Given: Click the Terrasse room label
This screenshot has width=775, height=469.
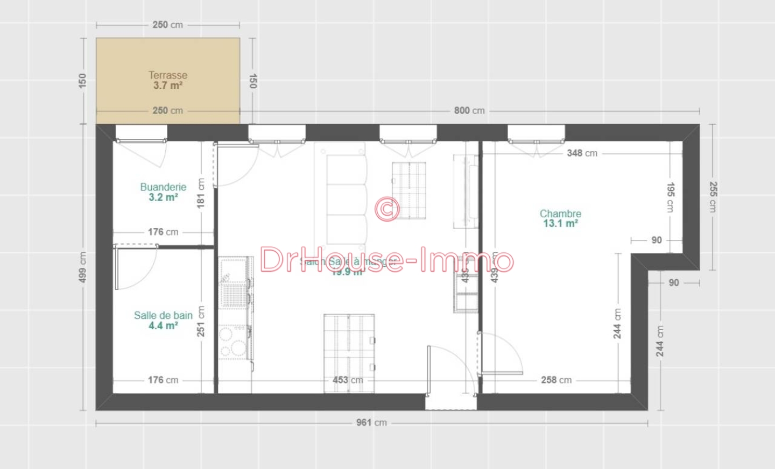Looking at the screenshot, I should [x=168, y=75].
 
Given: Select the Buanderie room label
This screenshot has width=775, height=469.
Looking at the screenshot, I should [x=163, y=187].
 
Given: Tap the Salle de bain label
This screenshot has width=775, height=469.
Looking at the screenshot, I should [x=163, y=316].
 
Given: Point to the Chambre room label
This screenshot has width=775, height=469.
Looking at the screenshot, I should [x=560, y=214].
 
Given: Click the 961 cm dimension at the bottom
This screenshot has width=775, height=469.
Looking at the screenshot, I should [x=371, y=423].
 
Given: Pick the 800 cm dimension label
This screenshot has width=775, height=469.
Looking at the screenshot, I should [x=469, y=111].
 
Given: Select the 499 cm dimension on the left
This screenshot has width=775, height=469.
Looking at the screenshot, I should [x=82, y=267].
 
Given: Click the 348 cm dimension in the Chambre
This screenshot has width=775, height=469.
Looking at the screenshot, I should [x=582, y=153].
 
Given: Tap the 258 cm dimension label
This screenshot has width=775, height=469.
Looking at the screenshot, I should [x=556, y=380].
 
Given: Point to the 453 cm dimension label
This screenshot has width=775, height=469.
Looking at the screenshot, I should [x=348, y=380].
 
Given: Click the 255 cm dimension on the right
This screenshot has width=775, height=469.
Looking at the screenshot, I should [x=713, y=196].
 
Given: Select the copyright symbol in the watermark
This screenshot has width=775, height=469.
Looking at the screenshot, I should [x=387, y=209].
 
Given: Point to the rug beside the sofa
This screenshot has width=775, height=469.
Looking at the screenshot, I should [x=409, y=190].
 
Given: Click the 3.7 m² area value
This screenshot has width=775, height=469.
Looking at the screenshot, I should [x=168, y=86].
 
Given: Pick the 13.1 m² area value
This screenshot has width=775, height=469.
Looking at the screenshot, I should [x=560, y=224].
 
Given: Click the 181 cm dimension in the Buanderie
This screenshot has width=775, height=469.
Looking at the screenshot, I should [x=201, y=193].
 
